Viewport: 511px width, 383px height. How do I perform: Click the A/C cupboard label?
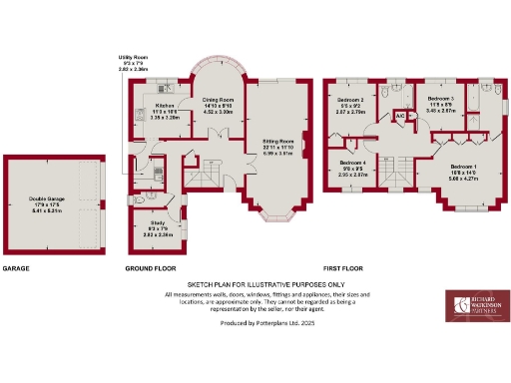(399, 116)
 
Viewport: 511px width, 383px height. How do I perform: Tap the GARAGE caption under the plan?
(17, 269)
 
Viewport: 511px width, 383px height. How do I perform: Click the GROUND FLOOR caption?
(150, 269)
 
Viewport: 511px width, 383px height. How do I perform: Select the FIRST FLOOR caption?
(343, 269)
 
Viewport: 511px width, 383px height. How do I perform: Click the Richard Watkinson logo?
(475, 310)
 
